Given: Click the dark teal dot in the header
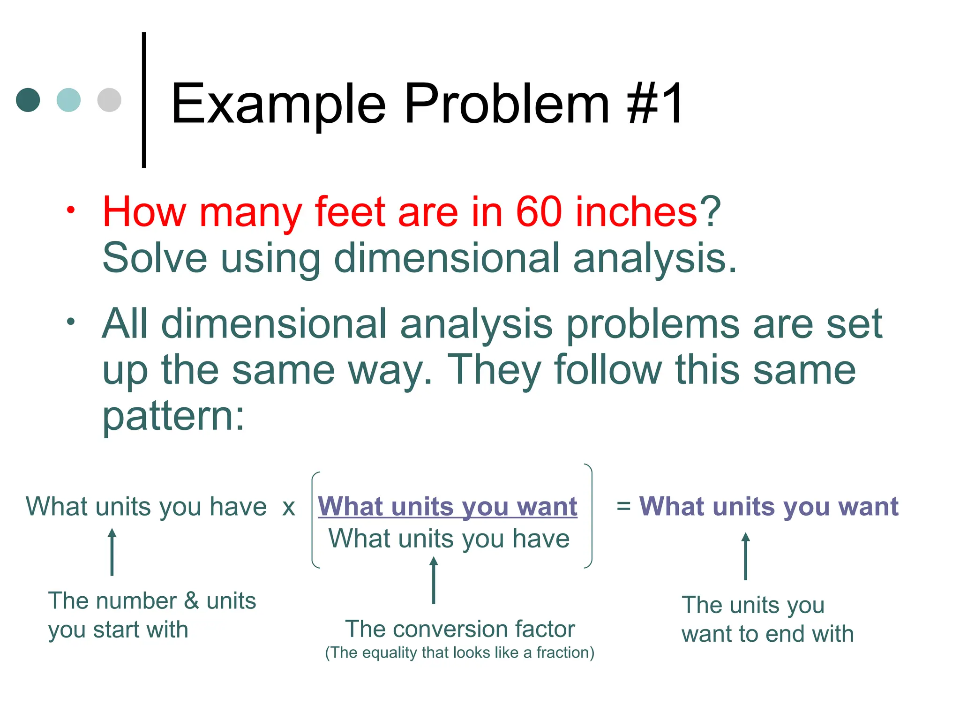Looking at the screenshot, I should (x=28, y=100).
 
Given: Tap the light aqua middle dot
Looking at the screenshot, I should (x=68, y=100).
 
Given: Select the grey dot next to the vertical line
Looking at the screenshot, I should (x=109, y=100).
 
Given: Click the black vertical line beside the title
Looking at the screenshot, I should (x=144, y=100).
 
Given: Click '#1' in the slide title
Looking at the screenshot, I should (x=655, y=104).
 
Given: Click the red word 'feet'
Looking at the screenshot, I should (x=350, y=212).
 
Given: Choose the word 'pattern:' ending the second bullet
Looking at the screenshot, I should (x=173, y=416).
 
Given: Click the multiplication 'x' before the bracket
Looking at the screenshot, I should (x=289, y=508).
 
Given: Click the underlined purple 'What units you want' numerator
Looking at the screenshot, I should (x=448, y=507).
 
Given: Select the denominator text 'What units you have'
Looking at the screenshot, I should (x=449, y=539).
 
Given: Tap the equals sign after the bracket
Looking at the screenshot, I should (x=623, y=507).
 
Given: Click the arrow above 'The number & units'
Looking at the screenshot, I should (x=112, y=552).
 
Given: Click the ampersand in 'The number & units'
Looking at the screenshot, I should (x=191, y=601).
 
